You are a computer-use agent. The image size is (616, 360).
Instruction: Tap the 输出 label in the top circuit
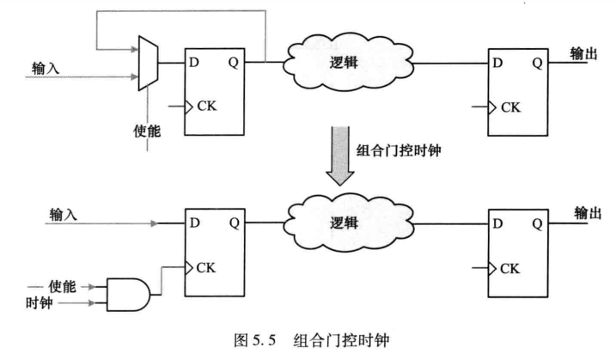(586, 53)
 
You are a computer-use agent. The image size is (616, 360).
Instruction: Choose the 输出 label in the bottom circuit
(586, 212)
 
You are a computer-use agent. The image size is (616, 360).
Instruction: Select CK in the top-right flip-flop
(511, 107)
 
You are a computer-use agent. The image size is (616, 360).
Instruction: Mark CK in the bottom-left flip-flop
(207, 267)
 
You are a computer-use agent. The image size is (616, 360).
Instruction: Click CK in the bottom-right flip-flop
(512, 268)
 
